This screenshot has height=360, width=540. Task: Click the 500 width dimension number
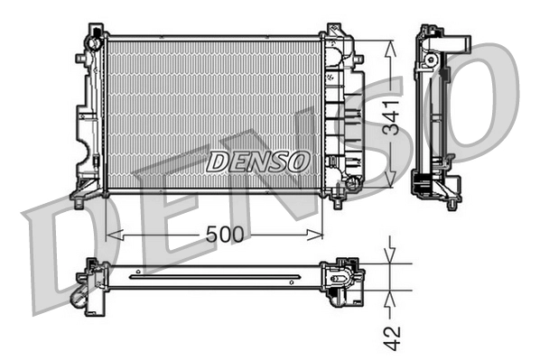coord(225,234)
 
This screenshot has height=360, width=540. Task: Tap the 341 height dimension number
coord(390,116)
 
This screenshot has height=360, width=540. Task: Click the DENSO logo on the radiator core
coord(258,162)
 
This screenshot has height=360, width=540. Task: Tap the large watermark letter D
coord(63,257)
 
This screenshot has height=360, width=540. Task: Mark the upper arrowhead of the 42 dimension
coord(390,256)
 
